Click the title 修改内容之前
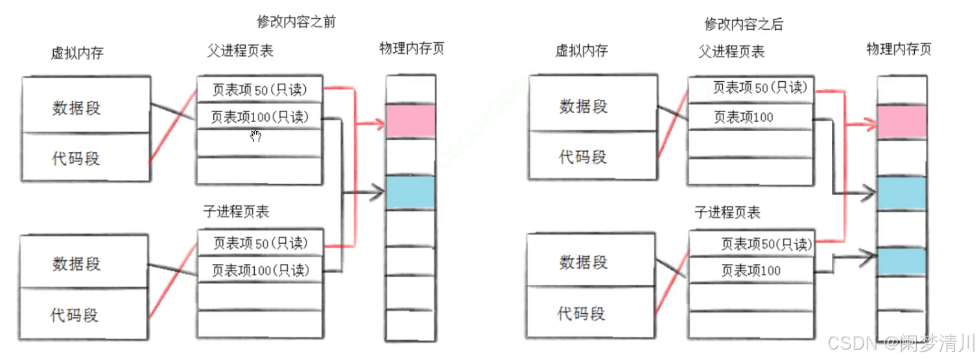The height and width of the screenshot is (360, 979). click(x=296, y=21)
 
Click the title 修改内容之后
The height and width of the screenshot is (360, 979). click(x=744, y=24)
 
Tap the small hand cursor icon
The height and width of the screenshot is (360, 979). click(x=256, y=136)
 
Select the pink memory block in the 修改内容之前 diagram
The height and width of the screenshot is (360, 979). click(x=410, y=121)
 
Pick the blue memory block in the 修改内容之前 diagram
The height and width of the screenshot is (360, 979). click(x=410, y=192)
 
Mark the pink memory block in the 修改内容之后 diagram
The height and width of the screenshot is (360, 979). click(x=901, y=122)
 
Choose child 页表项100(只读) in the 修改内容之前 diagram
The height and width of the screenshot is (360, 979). click(x=260, y=270)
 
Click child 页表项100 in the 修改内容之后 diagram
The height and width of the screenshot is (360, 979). click(x=751, y=270)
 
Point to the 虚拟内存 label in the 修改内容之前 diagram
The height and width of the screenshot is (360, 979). click(x=77, y=53)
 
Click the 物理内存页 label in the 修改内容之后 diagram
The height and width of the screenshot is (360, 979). click(x=899, y=49)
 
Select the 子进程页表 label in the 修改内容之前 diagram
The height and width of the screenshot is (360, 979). click(x=236, y=211)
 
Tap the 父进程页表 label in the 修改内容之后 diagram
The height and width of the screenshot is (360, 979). click(x=731, y=51)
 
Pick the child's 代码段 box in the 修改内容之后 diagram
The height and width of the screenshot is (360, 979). click(x=581, y=314)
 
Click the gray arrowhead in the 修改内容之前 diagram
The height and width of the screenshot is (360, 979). click(x=379, y=192)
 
